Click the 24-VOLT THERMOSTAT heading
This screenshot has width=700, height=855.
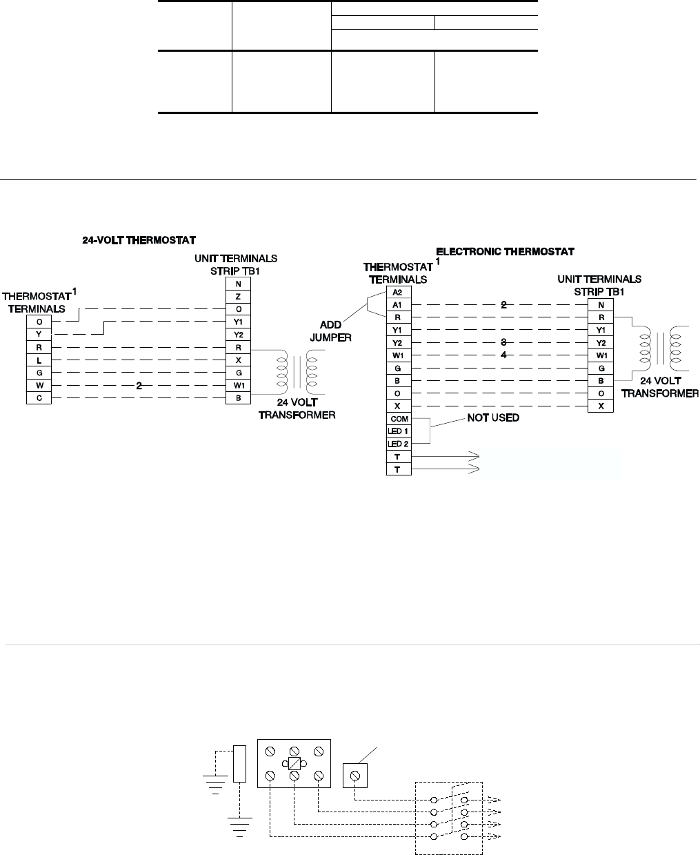[x=139, y=240]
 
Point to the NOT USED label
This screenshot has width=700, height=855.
[x=492, y=418]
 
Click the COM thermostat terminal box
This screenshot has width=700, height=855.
[x=398, y=419]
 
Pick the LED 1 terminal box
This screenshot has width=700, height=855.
[x=398, y=431]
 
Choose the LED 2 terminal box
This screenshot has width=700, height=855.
[x=398, y=444]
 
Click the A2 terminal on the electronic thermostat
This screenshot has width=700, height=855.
[x=397, y=292]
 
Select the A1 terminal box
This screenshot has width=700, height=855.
[x=397, y=304]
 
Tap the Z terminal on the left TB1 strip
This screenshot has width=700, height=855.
[x=238, y=296]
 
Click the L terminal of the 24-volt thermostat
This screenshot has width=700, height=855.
[x=39, y=360]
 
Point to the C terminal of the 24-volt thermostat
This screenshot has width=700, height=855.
[x=39, y=399]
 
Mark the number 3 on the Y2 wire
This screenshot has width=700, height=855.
[x=503, y=342]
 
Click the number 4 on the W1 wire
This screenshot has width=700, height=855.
[x=503, y=355]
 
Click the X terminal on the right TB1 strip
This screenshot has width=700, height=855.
[x=601, y=406]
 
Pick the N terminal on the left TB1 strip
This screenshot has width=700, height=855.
[x=238, y=283]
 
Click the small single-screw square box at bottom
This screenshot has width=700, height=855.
[x=355, y=776]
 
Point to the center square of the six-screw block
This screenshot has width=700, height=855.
[x=294, y=763]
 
